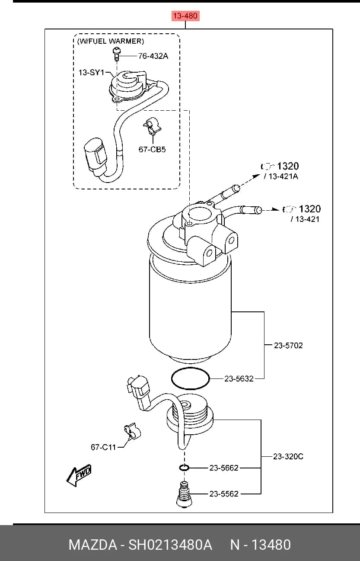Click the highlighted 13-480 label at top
[185, 16]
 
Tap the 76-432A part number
[153, 56]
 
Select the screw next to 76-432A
[117, 54]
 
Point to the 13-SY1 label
[91, 73]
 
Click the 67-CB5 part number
[152, 150]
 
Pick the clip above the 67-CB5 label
[152, 126]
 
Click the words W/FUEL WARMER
[111, 41]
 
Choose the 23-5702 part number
[288, 346]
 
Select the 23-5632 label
[239, 378]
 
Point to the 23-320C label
[288, 457]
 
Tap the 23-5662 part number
[224, 468]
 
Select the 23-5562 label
[224, 494]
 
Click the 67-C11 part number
[103, 447]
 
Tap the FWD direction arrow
[79, 476]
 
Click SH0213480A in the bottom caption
[170, 545]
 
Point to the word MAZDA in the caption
[92, 545]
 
